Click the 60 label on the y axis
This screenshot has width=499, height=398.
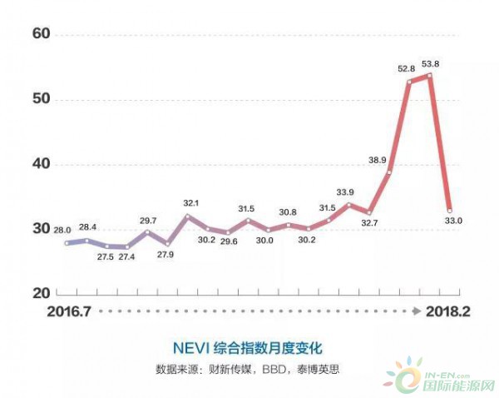point(42,34)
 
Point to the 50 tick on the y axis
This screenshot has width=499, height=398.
point(42,99)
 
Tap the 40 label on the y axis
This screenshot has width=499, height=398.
point(42,164)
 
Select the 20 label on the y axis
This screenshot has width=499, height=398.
point(42,293)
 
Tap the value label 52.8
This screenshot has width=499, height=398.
point(406,69)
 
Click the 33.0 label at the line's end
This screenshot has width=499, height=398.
point(452,221)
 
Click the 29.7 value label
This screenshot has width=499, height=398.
point(148,220)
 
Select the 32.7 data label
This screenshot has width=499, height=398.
point(368,223)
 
